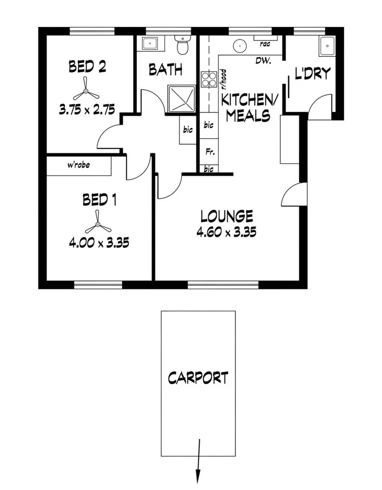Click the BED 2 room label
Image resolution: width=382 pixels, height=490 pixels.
[87, 66]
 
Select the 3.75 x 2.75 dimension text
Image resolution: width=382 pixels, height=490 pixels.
[87, 109]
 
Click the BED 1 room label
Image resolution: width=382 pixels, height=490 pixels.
[99, 200]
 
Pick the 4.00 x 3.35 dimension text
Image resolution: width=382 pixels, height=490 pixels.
[98, 243]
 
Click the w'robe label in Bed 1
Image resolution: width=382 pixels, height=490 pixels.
[78, 165]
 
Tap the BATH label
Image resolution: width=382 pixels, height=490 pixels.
[165, 70]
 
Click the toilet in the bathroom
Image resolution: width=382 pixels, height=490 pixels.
[182, 46]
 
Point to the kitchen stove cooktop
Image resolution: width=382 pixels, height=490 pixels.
[208, 80]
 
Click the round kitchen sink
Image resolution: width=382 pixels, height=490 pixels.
[239, 45]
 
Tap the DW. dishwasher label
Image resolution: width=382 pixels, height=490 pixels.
[264, 61]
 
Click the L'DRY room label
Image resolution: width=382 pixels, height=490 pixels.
[313, 73]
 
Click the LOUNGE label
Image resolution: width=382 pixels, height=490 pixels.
[226, 217]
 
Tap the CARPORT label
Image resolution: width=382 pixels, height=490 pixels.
[197, 377]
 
